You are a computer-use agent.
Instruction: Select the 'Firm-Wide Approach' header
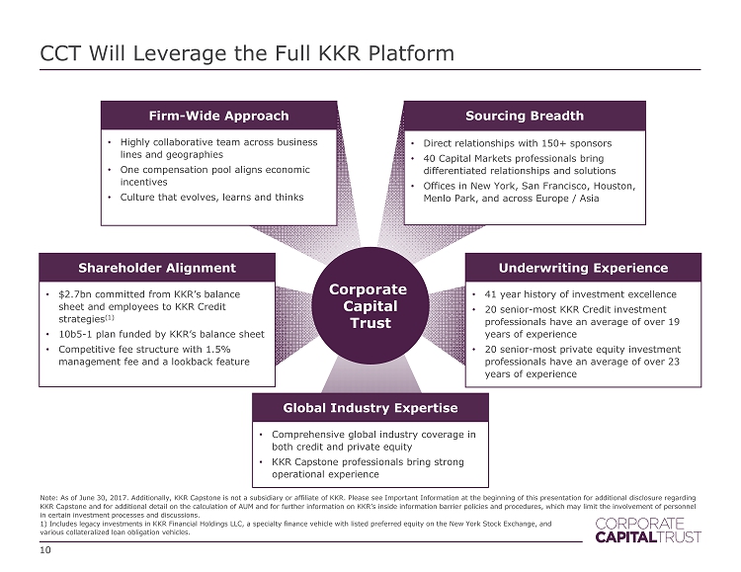pyautogui.click(x=218, y=116)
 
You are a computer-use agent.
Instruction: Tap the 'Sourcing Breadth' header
pyautogui.click(x=524, y=116)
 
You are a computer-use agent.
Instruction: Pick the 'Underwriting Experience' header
pyautogui.click(x=582, y=267)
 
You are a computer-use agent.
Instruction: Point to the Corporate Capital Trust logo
pyautogui.click(x=646, y=530)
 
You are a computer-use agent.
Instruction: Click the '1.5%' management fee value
pyautogui.click(x=222, y=348)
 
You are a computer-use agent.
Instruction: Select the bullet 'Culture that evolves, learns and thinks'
pyautogui.click(x=211, y=197)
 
